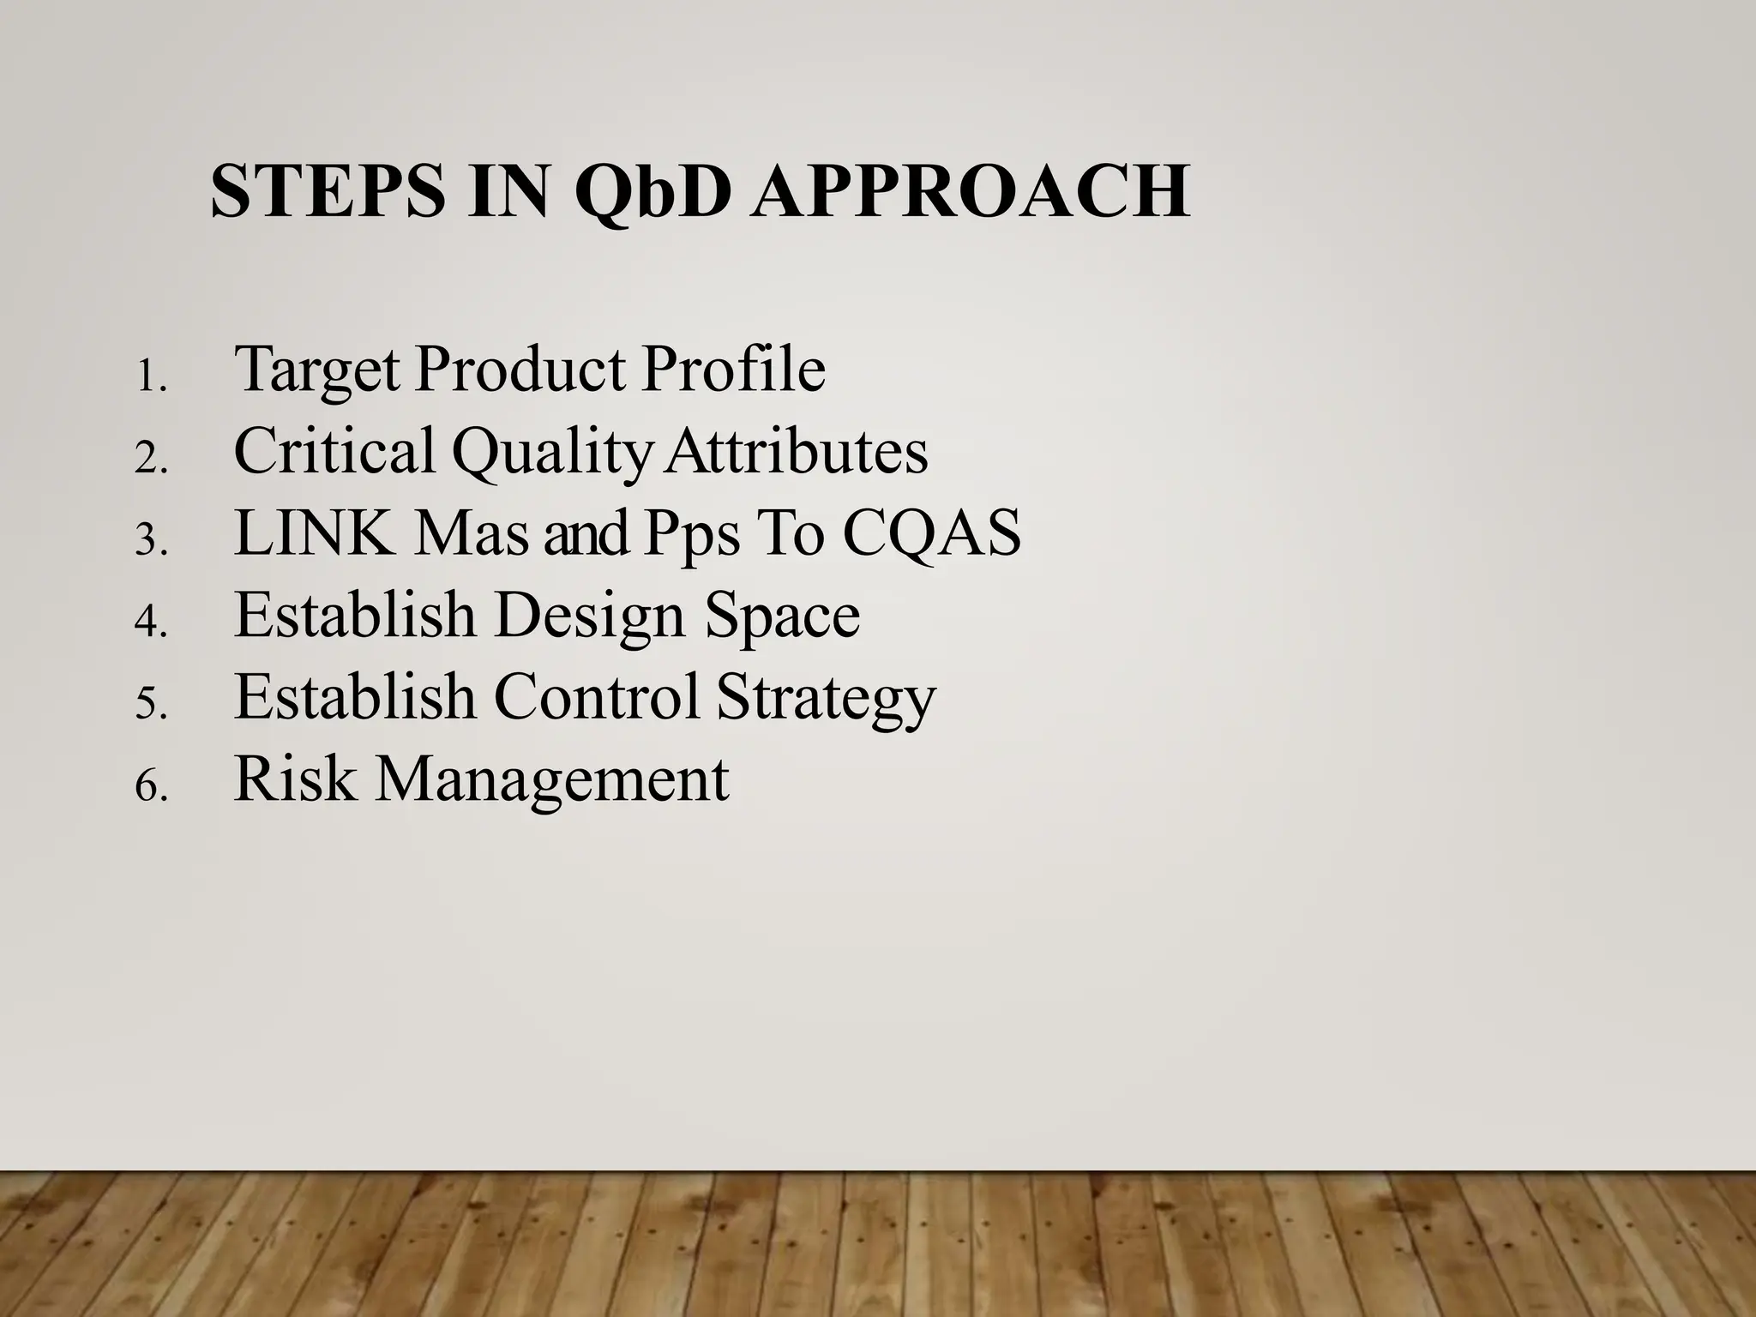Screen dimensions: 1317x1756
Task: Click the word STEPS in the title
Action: pos(328,192)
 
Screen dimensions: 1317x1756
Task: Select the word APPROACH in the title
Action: pos(971,192)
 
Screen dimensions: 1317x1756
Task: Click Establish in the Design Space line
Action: pos(354,615)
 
